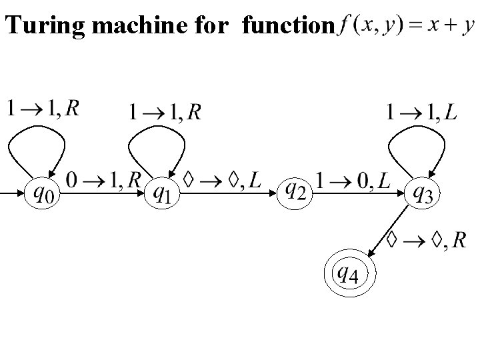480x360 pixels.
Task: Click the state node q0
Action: click(x=41, y=193)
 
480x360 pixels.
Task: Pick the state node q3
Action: click(x=422, y=193)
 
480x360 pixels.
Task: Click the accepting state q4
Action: click(x=349, y=273)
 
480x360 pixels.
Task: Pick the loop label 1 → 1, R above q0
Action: click(x=43, y=107)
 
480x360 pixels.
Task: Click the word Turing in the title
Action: click(x=37, y=25)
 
